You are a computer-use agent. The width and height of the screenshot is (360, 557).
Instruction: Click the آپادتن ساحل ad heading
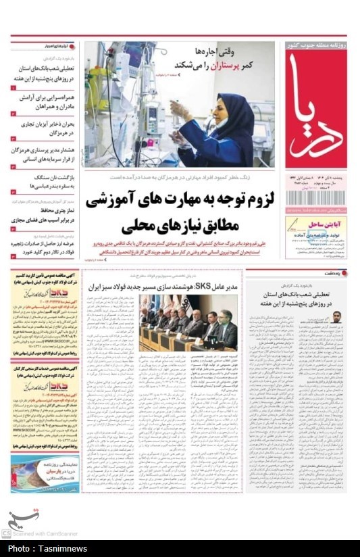(322, 222)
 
